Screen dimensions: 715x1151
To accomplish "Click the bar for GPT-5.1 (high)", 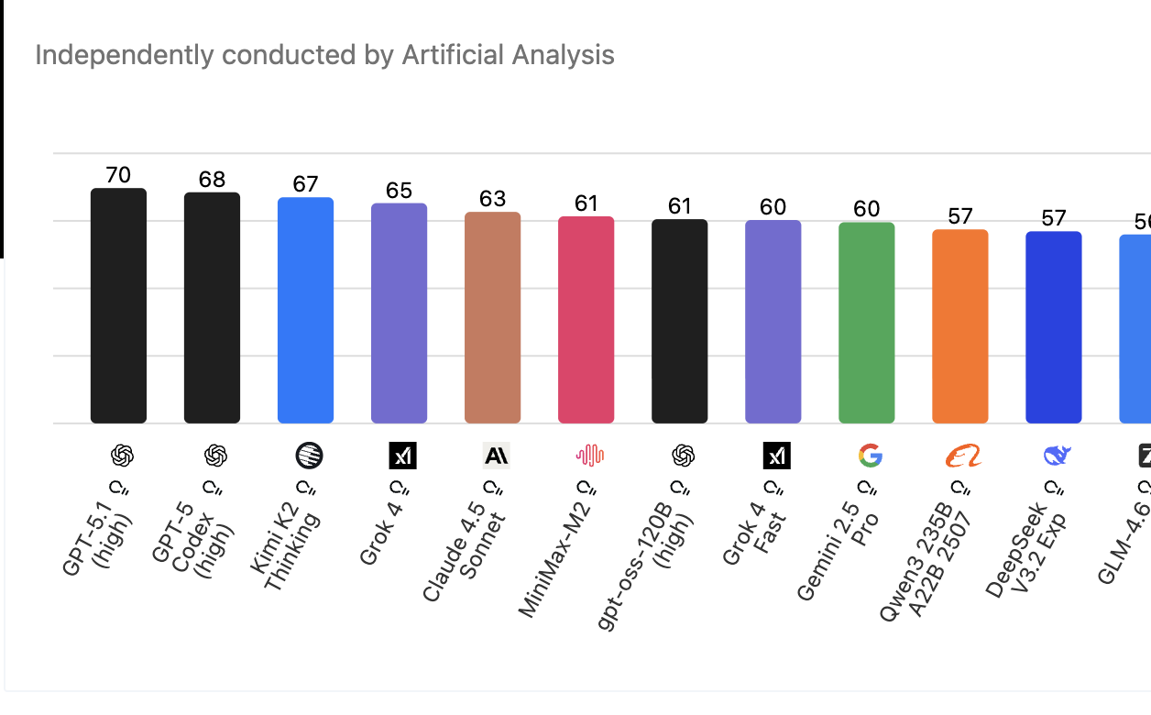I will (118, 306).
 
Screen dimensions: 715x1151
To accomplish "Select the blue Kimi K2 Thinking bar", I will (305, 311).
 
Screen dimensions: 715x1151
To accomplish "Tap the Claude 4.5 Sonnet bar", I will (492, 318).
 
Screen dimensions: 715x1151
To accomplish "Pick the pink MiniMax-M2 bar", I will (586, 320).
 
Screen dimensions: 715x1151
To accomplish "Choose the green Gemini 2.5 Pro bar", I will (866, 323).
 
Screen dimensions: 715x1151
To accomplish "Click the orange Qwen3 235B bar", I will (959, 326).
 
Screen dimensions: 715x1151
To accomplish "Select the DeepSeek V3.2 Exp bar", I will (1053, 327).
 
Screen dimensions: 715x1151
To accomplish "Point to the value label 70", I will (118, 175).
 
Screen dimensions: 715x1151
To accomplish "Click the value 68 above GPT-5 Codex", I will (212, 180).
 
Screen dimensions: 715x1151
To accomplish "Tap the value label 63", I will (492, 199).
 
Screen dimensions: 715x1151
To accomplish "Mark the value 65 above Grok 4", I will (399, 191).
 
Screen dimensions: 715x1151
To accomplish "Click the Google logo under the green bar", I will (870, 455).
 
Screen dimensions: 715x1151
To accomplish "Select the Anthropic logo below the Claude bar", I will (496, 455).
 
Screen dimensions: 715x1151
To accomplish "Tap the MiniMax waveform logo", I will (589, 455).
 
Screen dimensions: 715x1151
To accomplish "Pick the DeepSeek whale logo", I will (1057, 455).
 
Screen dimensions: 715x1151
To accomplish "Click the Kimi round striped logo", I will (309, 455).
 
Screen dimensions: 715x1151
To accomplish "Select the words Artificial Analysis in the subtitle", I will (508, 55).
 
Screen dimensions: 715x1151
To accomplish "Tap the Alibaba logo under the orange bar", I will (963, 455).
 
